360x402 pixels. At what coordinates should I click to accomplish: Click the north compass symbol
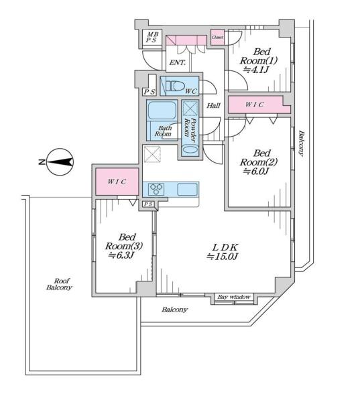(x=60, y=162)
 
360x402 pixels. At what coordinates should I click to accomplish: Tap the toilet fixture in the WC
(x=174, y=86)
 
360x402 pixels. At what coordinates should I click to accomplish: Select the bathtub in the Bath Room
(x=162, y=111)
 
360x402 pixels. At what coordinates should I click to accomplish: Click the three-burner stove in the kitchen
(x=157, y=190)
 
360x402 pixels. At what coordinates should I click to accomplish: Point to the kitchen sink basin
(x=187, y=190)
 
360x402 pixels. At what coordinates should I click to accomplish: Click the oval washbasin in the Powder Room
(x=190, y=150)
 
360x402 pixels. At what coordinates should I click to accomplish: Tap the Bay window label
(x=234, y=297)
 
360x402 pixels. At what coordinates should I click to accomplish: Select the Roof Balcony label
(x=59, y=284)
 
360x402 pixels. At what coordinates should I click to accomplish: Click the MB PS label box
(x=152, y=37)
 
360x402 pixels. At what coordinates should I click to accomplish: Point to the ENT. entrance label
(x=178, y=62)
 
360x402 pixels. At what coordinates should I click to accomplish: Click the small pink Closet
(x=217, y=37)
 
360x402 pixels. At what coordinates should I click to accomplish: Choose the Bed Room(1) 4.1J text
(x=258, y=61)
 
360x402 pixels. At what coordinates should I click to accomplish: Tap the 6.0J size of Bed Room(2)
(x=256, y=172)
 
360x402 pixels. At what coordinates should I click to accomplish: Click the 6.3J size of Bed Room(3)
(x=121, y=255)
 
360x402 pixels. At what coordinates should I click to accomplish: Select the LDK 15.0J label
(x=223, y=252)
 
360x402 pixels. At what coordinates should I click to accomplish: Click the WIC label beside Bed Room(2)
(x=254, y=105)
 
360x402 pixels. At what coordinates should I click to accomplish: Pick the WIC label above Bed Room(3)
(x=117, y=182)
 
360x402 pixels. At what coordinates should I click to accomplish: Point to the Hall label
(x=213, y=105)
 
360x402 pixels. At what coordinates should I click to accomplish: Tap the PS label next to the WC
(x=149, y=92)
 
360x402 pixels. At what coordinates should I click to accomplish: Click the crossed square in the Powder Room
(x=190, y=109)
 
